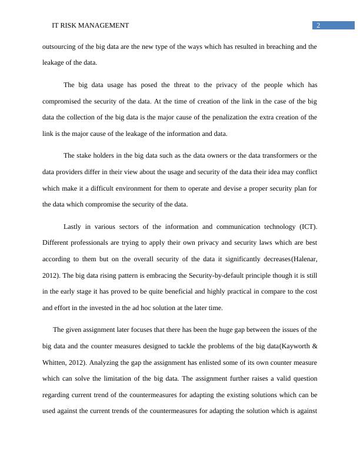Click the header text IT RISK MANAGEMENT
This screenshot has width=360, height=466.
click(x=91, y=25)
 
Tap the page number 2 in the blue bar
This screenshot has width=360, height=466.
click(x=318, y=25)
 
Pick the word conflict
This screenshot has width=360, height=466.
click(x=305, y=172)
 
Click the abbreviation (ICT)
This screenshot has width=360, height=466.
click(x=309, y=227)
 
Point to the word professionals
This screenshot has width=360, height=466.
click(x=91, y=242)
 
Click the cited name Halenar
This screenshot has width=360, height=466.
click(x=304, y=259)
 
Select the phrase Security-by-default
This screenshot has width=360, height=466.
click(x=216, y=275)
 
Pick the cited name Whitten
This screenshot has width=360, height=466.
click(x=55, y=362)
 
